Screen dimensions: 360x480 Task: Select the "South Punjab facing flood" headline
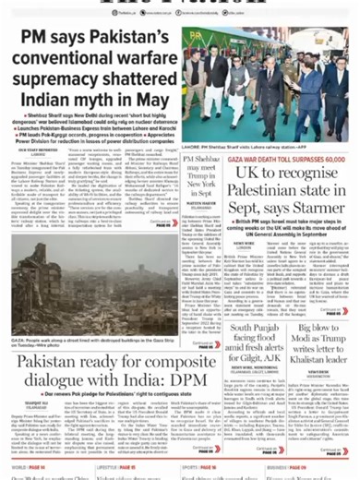point(267,343)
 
